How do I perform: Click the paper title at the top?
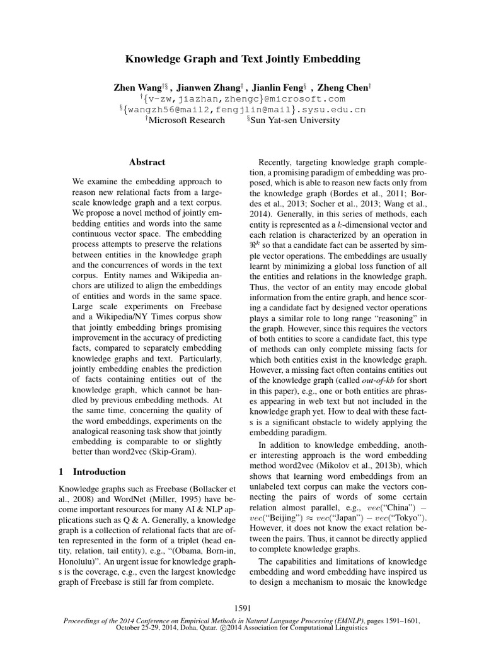[x=242, y=59]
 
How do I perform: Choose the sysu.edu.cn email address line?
[x=242, y=110]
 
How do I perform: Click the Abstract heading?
[x=147, y=162]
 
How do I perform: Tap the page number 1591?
[x=242, y=608]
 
